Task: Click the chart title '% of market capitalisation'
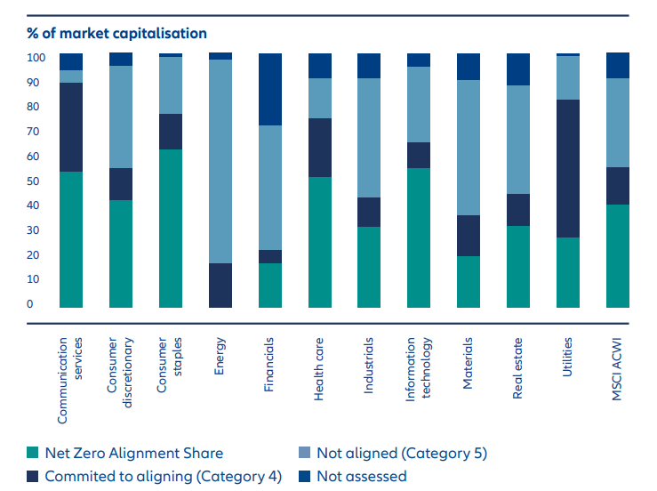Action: tap(116, 34)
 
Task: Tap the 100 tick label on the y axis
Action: tap(36, 58)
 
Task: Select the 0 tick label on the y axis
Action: tap(30, 304)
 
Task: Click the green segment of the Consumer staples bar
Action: tap(171, 229)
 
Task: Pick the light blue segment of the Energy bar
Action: tap(220, 161)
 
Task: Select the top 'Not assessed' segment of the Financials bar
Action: tap(270, 89)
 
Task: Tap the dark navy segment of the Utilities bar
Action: tap(568, 168)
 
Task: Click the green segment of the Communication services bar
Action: tap(71, 239)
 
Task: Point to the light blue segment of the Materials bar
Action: tap(469, 148)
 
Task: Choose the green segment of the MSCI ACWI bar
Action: tap(618, 256)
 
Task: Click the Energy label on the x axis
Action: tap(220, 356)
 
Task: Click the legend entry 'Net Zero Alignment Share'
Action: tap(134, 454)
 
